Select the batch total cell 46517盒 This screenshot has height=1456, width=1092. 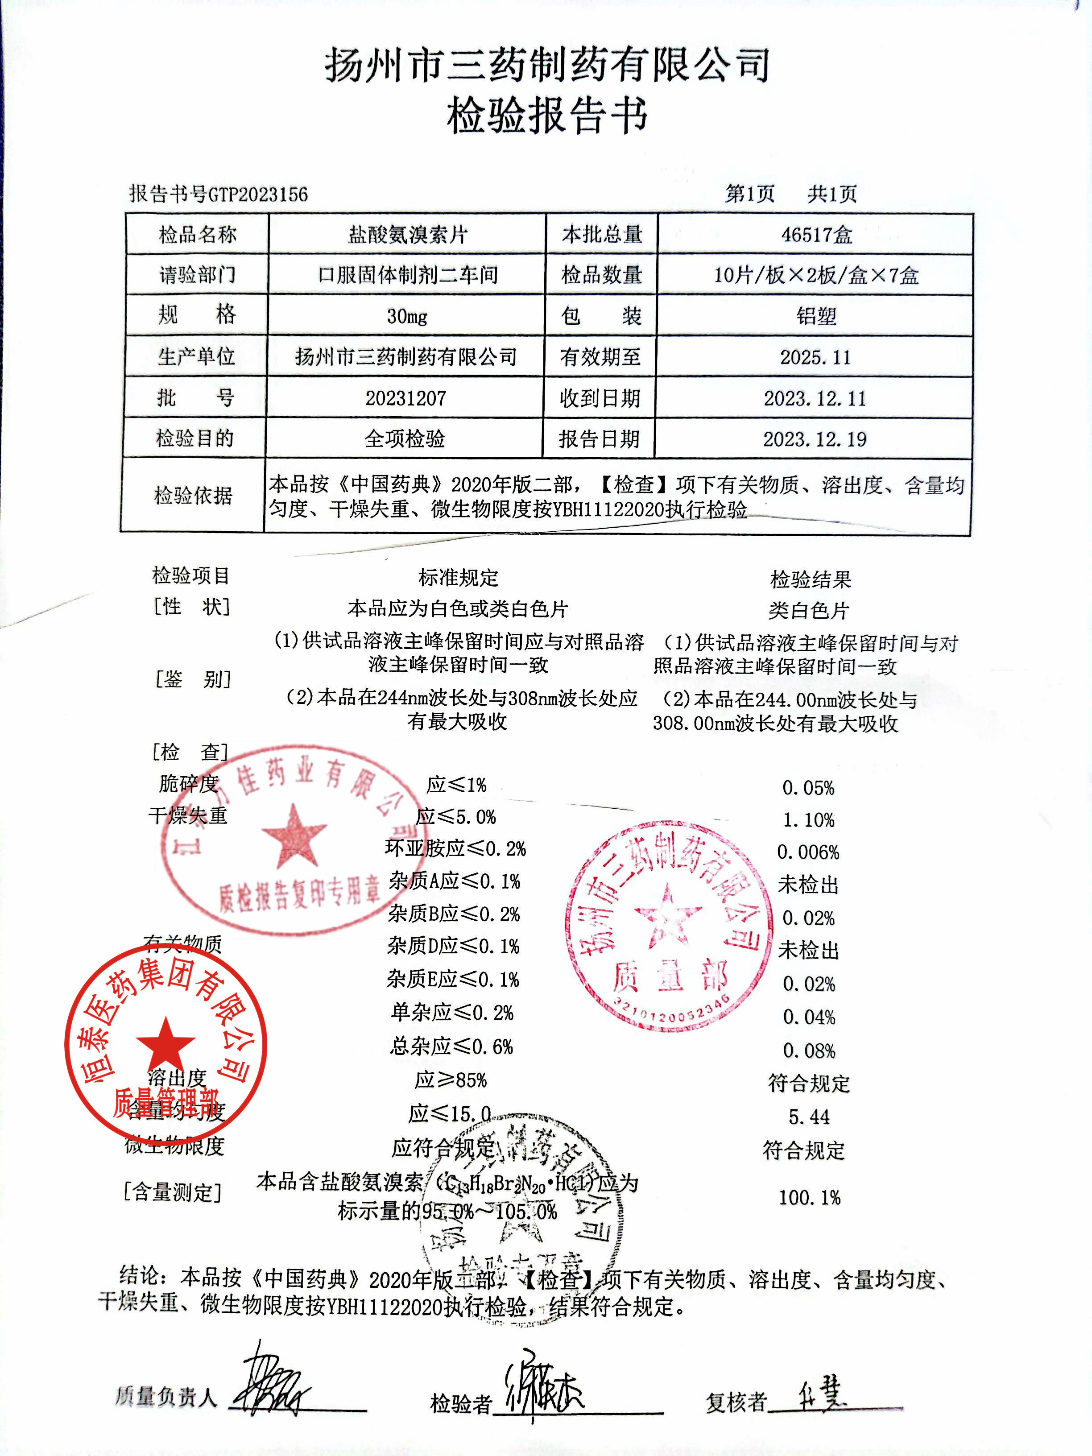[816, 234]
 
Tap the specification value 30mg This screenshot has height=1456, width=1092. [407, 317]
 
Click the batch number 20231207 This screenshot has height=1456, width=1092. [405, 398]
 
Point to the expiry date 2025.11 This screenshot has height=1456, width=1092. [815, 357]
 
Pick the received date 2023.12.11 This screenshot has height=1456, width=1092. [815, 398]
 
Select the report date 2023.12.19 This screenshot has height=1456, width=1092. [815, 439]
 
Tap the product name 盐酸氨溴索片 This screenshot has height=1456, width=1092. [407, 234]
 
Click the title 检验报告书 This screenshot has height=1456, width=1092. [546, 116]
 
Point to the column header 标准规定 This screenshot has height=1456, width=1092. [458, 578]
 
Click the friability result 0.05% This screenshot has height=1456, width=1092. [808, 788]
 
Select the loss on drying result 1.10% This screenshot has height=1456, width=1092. [808, 820]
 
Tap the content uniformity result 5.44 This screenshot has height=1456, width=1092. [809, 1117]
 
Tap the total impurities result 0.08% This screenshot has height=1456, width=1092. [809, 1051]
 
